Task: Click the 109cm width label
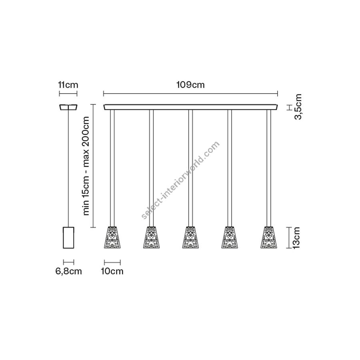[190, 85]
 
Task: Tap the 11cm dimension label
[68, 85]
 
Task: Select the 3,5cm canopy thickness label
[298, 107]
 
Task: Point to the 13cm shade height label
[296, 238]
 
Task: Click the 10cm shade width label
[112, 271]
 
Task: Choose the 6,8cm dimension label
[69, 271]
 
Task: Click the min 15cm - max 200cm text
[86, 166]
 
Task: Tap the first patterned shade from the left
[112, 237]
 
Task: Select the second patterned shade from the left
[151, 237]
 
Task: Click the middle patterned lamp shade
[190, 237]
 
